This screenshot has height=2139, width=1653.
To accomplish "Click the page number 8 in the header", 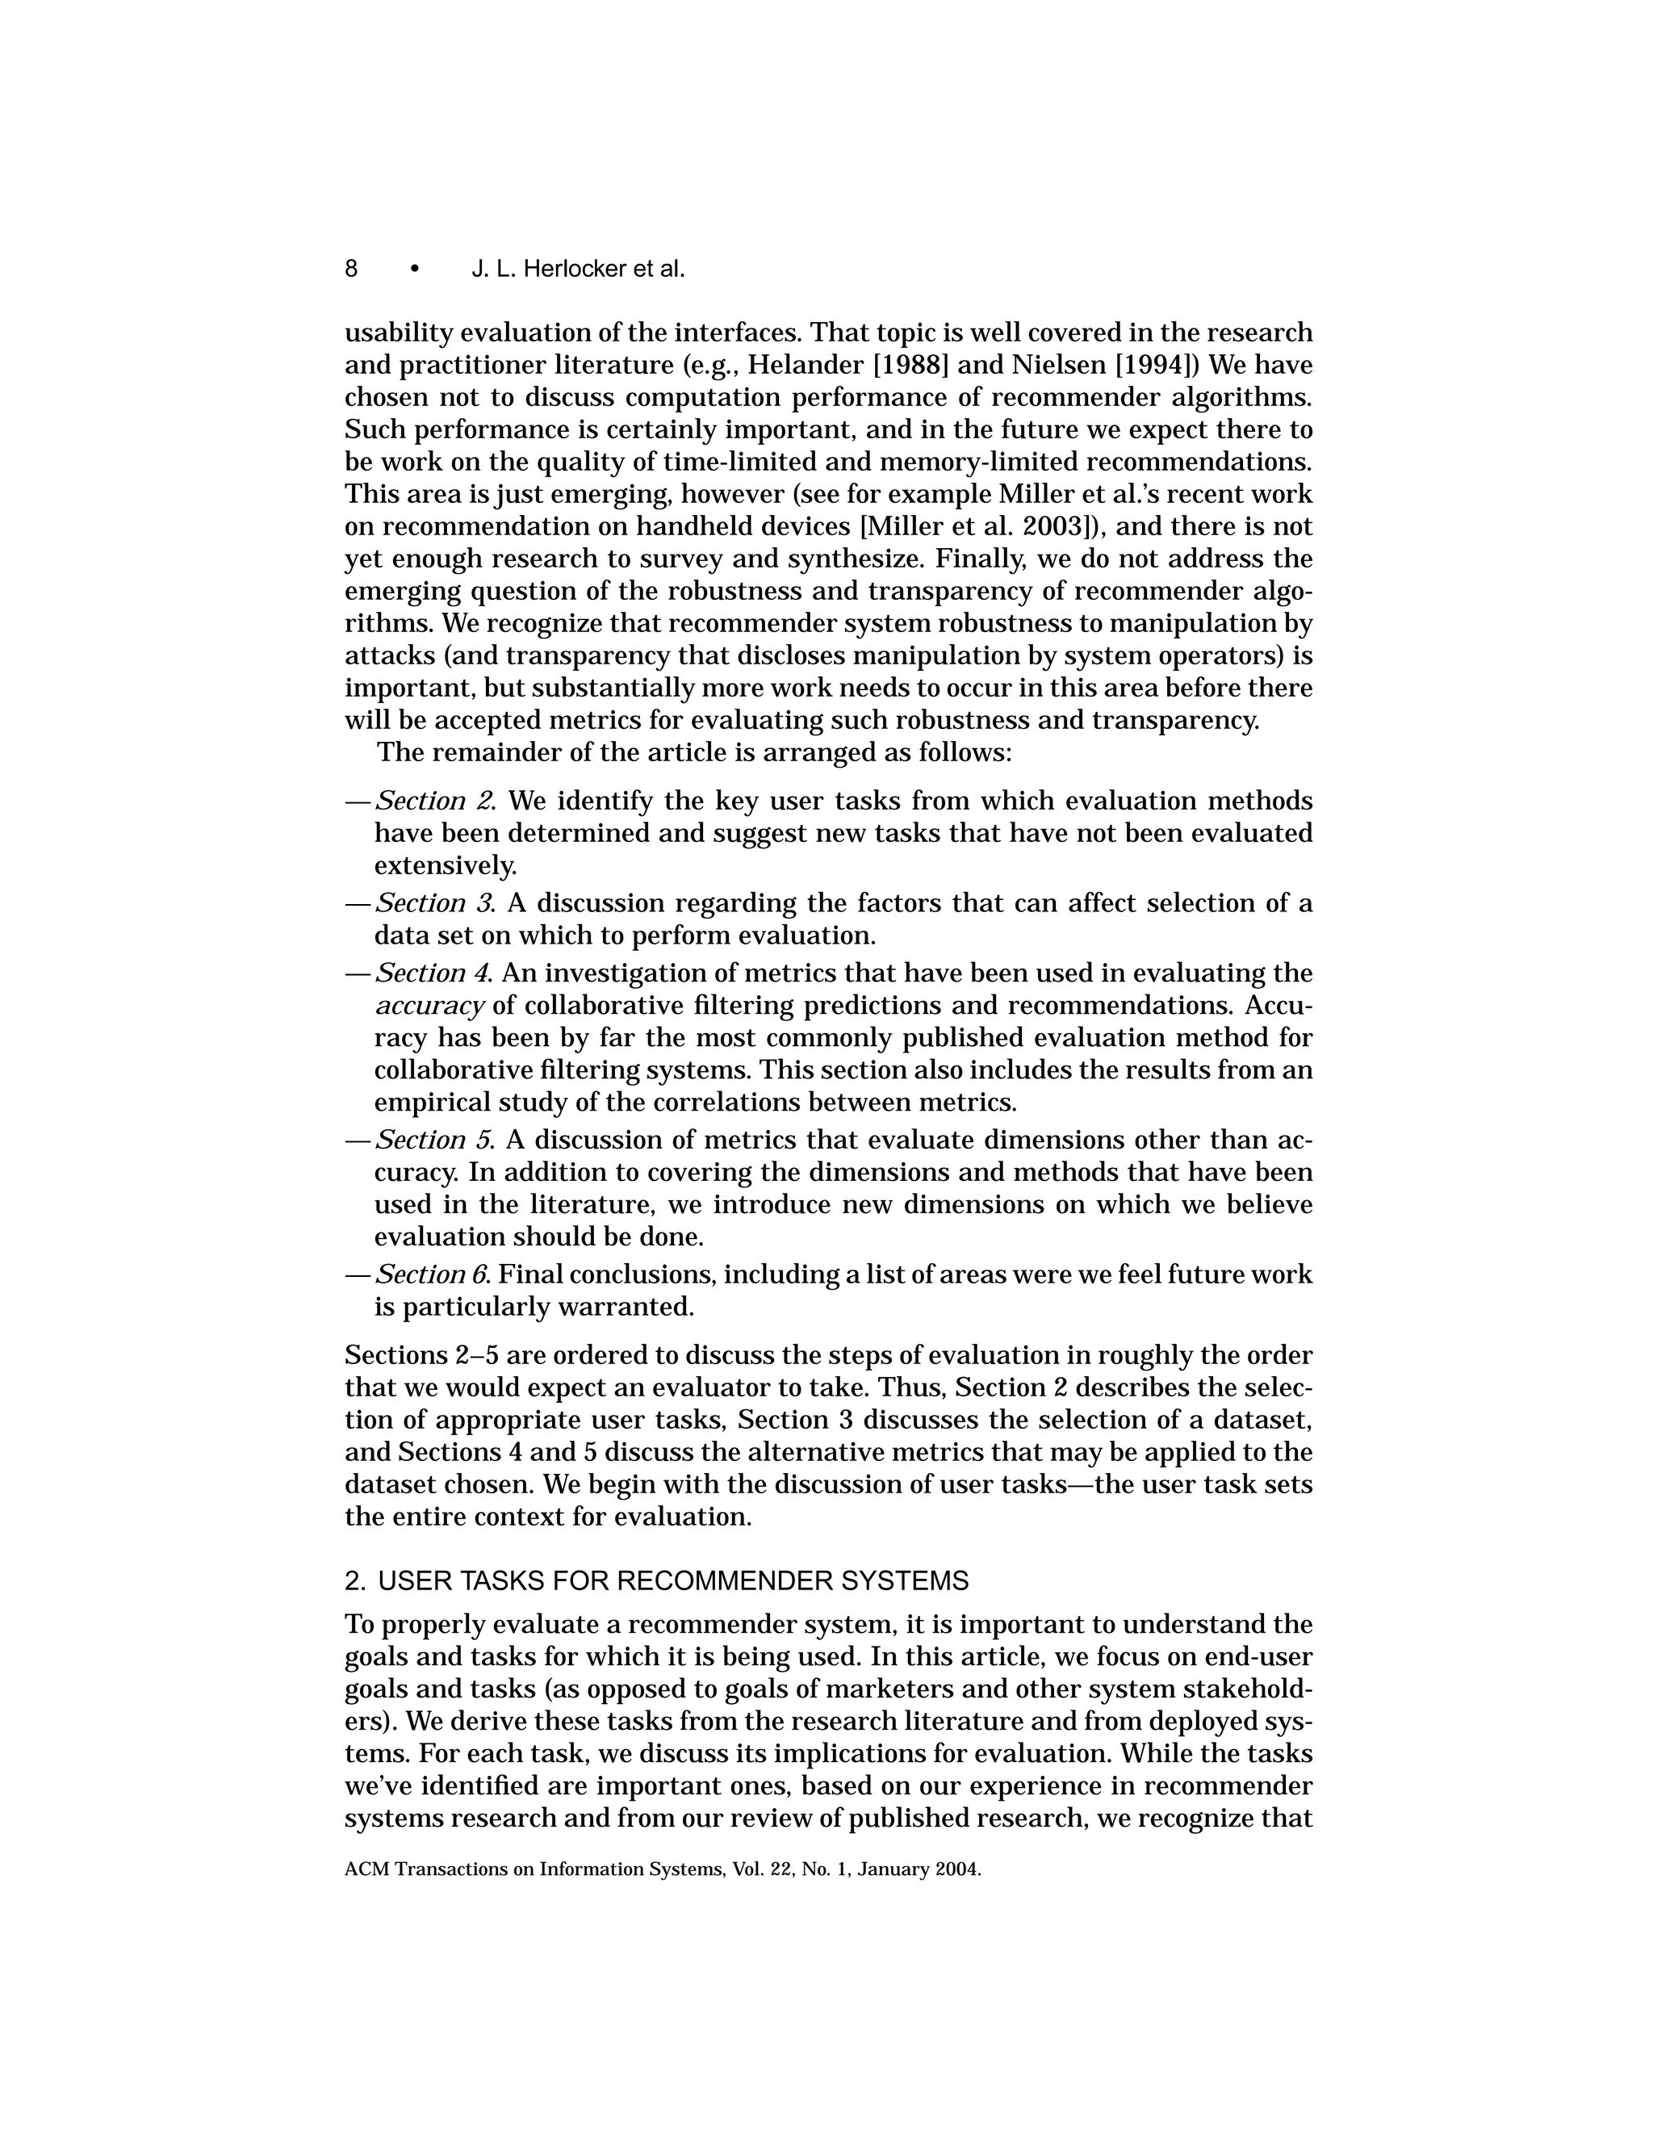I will pos(350,268).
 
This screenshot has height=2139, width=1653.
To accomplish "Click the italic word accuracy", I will pos(430,1006).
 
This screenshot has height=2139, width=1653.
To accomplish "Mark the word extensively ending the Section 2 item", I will pos(444,866).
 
